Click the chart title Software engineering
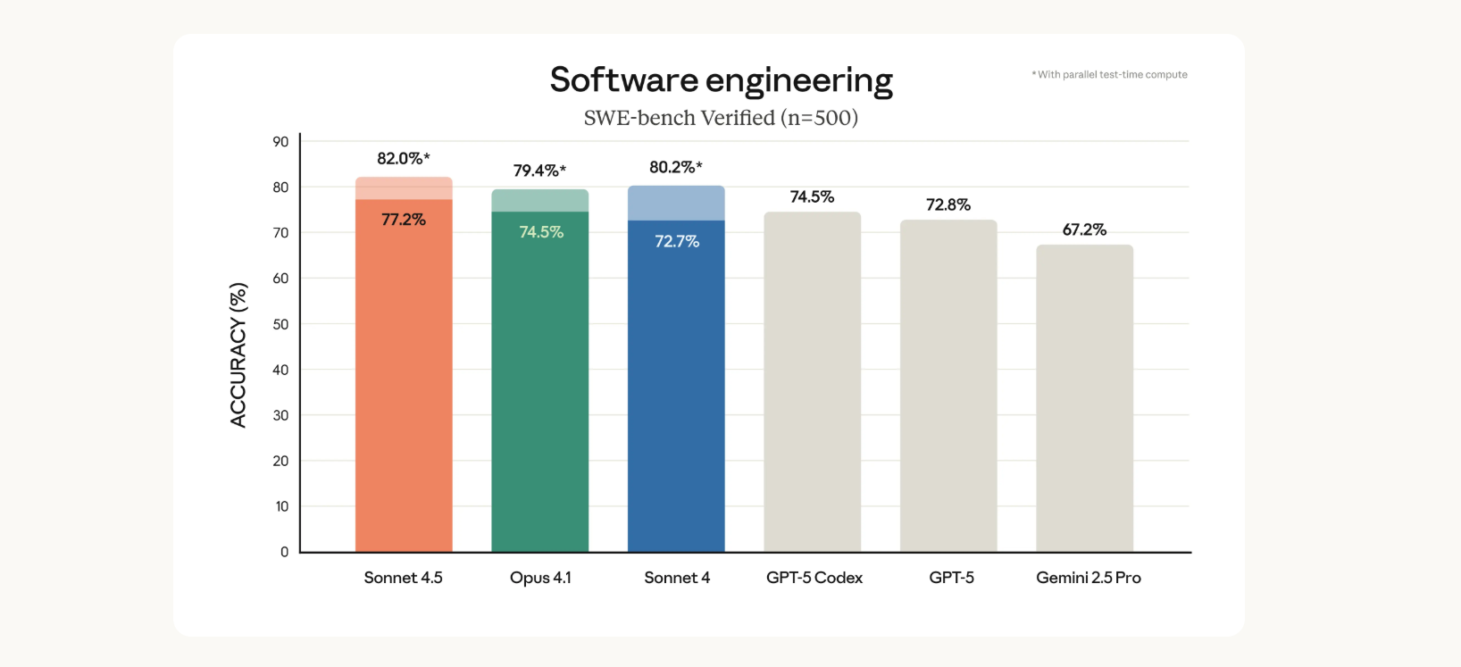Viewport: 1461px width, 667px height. pyautogui.click(x=721, y=80)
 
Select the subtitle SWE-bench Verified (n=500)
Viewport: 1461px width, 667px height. pyautogui.click(x=721, y=118)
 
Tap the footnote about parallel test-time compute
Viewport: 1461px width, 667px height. pyautogui.click(x=1110, y=75)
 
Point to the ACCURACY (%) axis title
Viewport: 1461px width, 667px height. pyautogui.click(x=238, y=355)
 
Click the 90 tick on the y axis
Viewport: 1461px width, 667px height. pyautogui.click(x=280, y=142)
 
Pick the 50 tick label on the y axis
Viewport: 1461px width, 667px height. pyautogui.click(x=280, y=324)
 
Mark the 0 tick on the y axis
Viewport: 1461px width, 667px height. pyautogui.click(x=284, y=552)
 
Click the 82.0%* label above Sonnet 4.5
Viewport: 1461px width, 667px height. pyautogui.click(x=403, y=159)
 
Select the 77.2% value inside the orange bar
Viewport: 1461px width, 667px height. pyautogui.click(x=404, y=220)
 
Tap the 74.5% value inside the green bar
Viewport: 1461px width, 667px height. pyautogui.click(x=541, y=232)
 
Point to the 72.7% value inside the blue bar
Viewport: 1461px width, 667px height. pyautogui.click(x=677, y=242)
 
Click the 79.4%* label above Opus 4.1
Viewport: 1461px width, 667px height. pyautogui.click(x=539, y=171)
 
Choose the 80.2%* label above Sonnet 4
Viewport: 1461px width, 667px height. pyautogui.click(x=675, y=168)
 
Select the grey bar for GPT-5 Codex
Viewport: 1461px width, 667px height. pyautogui.click(x=812, y=384)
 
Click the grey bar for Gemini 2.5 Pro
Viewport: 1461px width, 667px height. pyautogui.click(x=1084, y=402)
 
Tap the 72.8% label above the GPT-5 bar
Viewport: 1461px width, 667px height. pyautogui.click(x=948, y=205)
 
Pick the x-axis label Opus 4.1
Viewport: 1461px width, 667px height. pyautogui.click(x=540, y=578)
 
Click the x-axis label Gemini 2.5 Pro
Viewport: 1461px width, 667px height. pyautogui.click(x=1088, y=578)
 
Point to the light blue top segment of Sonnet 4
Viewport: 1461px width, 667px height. pyautogui.click(x=676, y=204)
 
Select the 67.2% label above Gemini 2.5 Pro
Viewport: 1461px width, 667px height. pyautogui.click(x=1084, y=230)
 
